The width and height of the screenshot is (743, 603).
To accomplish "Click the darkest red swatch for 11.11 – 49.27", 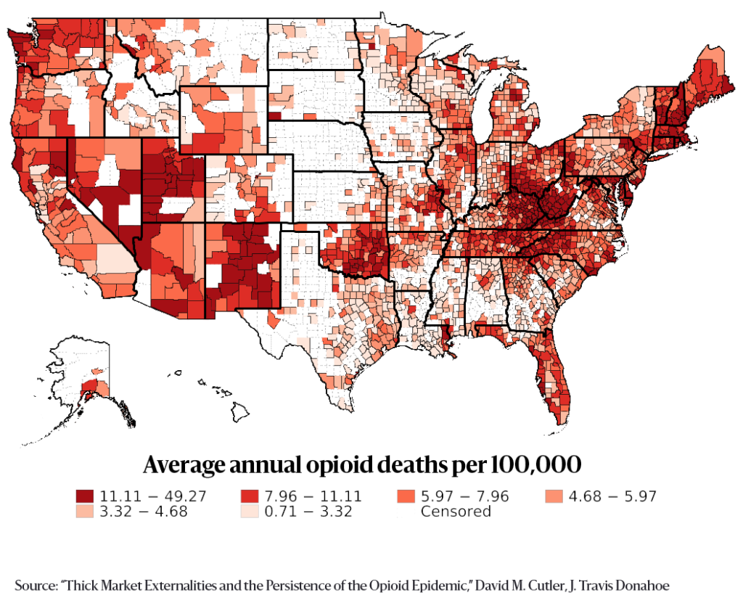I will pos(84,496).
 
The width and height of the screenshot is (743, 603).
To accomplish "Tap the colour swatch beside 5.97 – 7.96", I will pos(405,496).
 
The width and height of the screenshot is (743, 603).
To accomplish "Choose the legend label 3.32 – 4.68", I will pos(144,511).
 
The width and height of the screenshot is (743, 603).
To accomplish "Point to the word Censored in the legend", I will pos(456,511).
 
